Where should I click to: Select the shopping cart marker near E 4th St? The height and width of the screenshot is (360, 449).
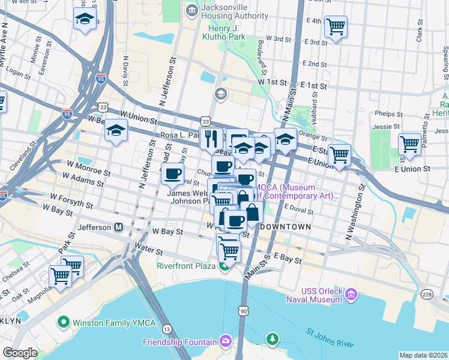(336, 27)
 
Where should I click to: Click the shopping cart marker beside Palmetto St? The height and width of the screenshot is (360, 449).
(409, 144)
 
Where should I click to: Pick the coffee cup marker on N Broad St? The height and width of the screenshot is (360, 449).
(173, 174)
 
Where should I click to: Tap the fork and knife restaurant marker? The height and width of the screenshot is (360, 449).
(211, 139)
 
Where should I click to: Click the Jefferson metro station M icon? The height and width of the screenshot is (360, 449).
(119, 227)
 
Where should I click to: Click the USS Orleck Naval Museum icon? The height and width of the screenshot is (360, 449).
(351, 294)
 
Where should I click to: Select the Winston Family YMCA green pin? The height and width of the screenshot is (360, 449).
(63, 323)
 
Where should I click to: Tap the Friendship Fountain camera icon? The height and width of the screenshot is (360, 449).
(225, 342)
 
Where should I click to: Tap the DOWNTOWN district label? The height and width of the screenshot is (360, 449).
(285, 227)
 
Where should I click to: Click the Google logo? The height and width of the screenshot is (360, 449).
(20, 353)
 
